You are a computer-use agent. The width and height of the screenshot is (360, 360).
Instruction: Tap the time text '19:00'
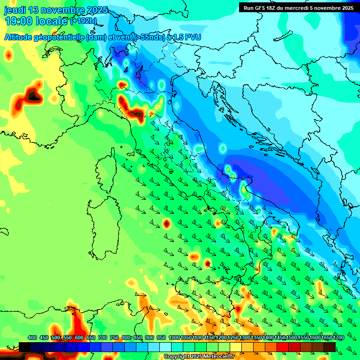pyautogui.click(x=18, y=21)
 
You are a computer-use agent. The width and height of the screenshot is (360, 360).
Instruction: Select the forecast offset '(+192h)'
pyautogui.click(x=83, y=21)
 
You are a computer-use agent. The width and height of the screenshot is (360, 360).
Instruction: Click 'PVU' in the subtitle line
pyautogui.click(x=192, y=37)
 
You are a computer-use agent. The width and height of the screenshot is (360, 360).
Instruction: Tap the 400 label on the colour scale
pyautogui.click(x=32, y=338)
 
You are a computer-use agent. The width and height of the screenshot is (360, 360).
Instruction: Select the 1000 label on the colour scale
pyautogui.click(x=174, y=338)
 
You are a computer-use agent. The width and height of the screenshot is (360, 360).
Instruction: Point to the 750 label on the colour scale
pyautogui.click(x=114, y=338)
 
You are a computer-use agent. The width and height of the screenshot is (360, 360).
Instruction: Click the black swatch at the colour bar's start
pyautogui.click(x=25, y=347)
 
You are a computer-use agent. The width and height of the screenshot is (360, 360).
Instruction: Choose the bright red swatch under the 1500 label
pyautogui.click(x=283, y=347)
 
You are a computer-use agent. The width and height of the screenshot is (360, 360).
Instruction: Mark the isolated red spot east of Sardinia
pyautogui.click(x=166, y=223)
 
